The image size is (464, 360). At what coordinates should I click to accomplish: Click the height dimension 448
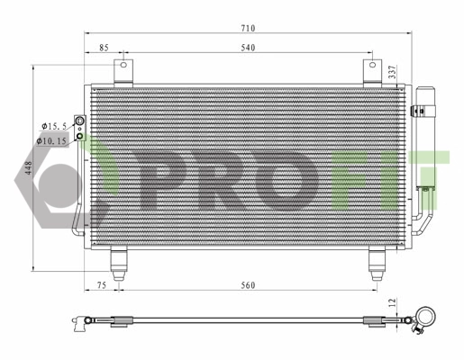pos(28,169)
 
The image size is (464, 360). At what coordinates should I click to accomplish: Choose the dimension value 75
pos(103,286)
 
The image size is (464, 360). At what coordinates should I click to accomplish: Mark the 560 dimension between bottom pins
pos(248,286)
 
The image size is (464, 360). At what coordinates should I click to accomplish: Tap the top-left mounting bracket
pos(122,71)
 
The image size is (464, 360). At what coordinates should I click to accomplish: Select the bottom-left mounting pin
pos(118,261)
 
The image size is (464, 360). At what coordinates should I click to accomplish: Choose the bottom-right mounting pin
pos(375,261)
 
